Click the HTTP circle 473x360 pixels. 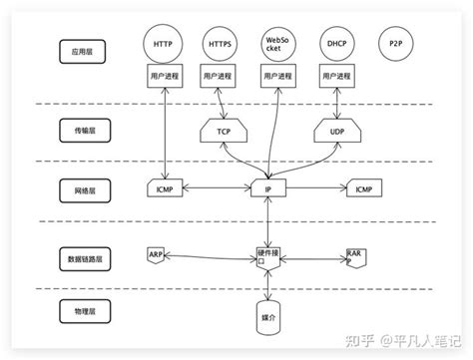pyautogui.click(x=162, y=46)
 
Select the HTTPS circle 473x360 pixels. pyautogui.click(x=219, y=46)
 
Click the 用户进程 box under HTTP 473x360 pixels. pyautogui.click(x=162, y=77)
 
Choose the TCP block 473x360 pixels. pyautogui.click(x=224, y=130)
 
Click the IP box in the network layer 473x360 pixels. pyautogui.click(x=268, y=187)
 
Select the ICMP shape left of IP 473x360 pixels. pyautogui.click(x=162, y=187)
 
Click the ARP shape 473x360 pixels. pyautogui.click(x=156, y=255)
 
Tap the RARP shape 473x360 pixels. pyautogui.click(x=357, y=256)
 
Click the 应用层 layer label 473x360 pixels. pyautogui.click(x=76, y=46)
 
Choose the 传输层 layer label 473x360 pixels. pyautogui.click(x=76, y=130)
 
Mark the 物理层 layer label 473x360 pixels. pyautogui.click(x=76, y=311)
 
